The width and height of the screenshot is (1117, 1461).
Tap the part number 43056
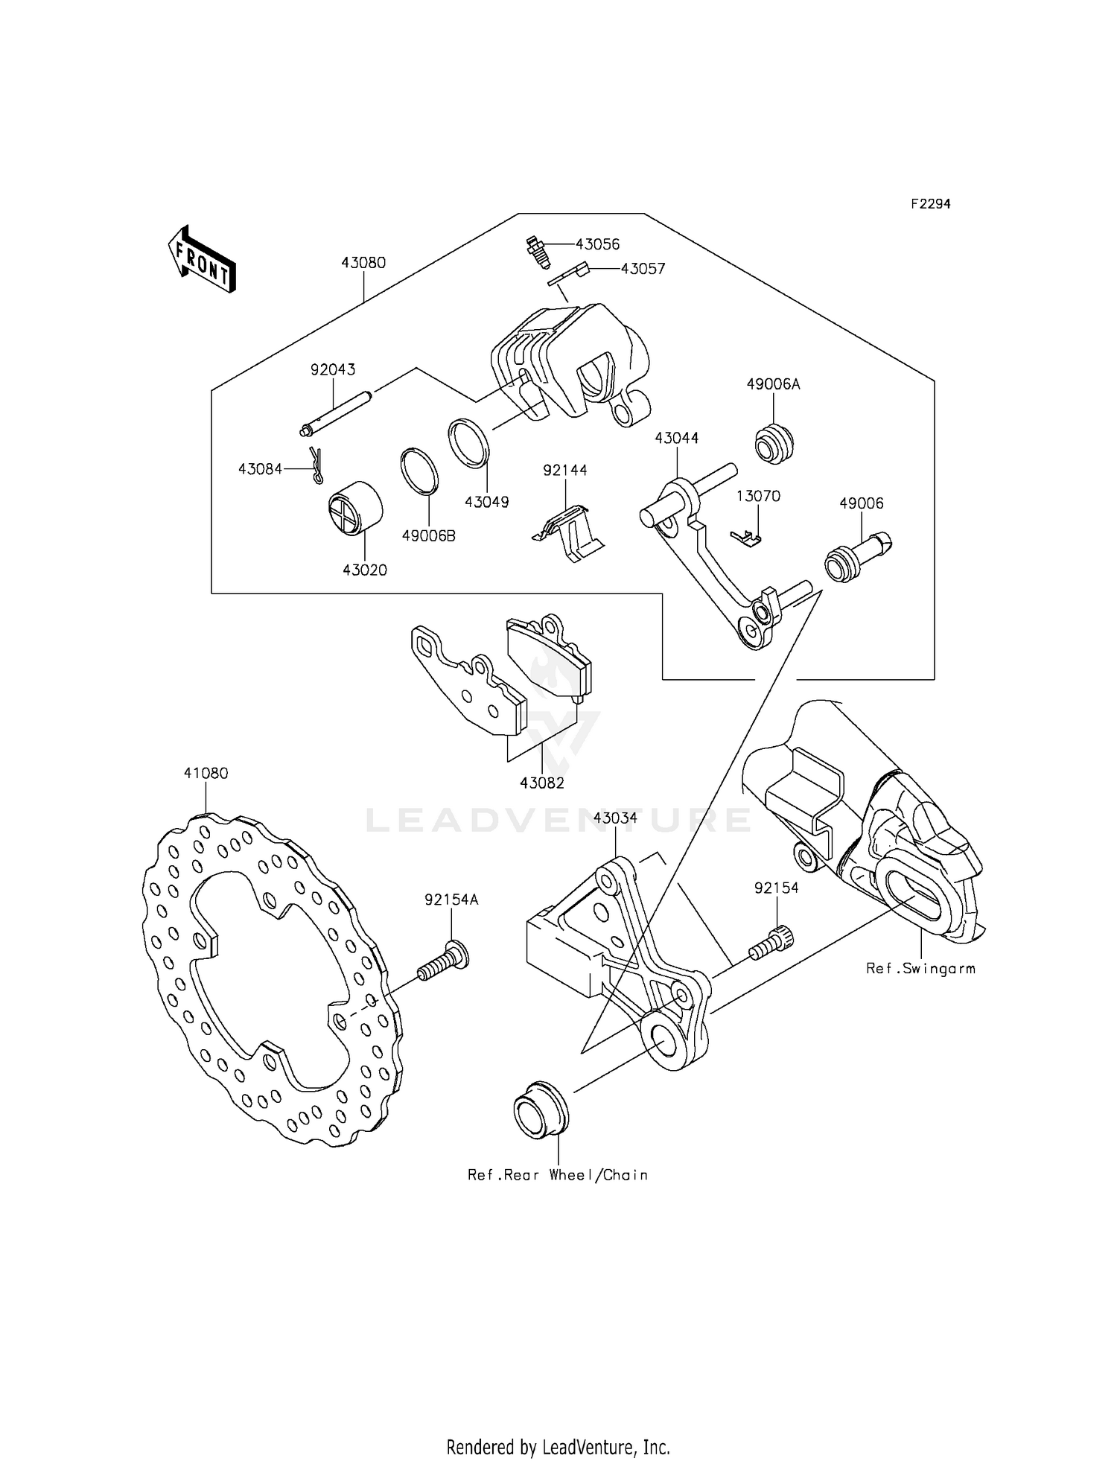pyautogui.click(x=597, y=245)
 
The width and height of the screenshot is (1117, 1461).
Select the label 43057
pyautogui.click(x=643, y=270)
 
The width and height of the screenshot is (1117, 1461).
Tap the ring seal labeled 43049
pyautogui.click(x=468, y=444)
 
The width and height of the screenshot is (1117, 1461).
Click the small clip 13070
pyautogui.click(x=745, y=537)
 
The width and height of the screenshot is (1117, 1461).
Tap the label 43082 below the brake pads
pyautogui.click(x=541, y=783)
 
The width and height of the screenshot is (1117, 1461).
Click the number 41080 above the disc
pyautogui.click(x=206, y=774)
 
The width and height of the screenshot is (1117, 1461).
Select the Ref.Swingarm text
pyautogui.click(x=920, y=969)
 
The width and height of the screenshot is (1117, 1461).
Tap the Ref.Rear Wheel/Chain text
pyautogui.click(x=557, y=1175)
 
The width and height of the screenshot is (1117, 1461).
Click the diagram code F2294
pyautogui.click(x=930, y=204)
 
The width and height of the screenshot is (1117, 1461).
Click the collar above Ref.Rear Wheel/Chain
pyautogui.click(x=540, y=1111)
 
